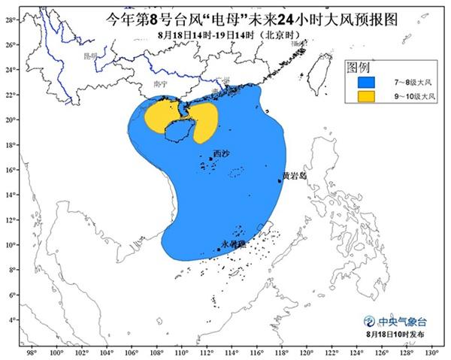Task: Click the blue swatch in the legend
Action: pyautogui.click(x=366, y=81)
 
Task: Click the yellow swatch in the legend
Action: pyautogui.click(x=366, y=96)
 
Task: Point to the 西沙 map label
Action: pyautogui.click(x=221, y=153)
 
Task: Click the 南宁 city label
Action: pyautogui.click(x=158, y=84)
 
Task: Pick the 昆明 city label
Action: pyautogui.click(x=91, y=55)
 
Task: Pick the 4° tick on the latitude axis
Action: pyautogui.click(x=13, y=319)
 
